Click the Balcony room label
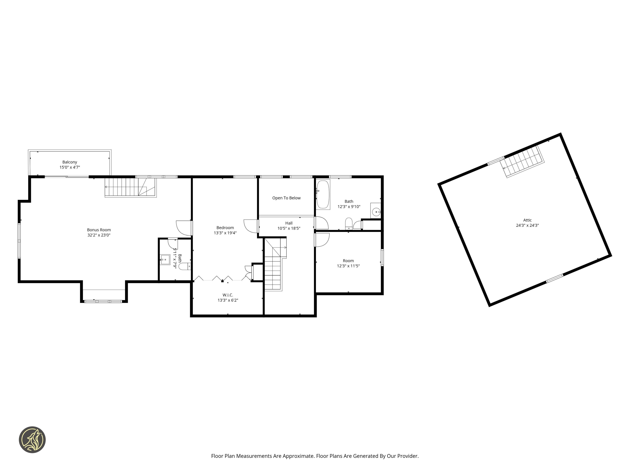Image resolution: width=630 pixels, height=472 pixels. click(70, 162)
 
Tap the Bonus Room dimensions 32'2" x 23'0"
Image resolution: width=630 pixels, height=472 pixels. click(99, 235)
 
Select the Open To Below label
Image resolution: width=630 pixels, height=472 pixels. click(286, 198)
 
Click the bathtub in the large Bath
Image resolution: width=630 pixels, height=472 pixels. click(323, 195)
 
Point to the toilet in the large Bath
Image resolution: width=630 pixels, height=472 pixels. click(349, 224)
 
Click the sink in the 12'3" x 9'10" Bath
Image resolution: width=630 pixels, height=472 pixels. click(376, 211)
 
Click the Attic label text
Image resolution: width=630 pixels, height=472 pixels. click(527, 220)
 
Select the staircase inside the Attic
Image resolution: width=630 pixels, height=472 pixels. click(523, 162)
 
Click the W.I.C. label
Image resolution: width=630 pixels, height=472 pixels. click(228, 295)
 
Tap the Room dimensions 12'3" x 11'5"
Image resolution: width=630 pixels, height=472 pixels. click(348, 266)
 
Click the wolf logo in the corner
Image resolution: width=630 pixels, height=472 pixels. click(32, 440)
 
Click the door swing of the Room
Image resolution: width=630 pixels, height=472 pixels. click(322, 240)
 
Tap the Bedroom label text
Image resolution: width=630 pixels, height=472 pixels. click(225, 228)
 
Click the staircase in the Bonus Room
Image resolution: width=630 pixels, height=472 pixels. click(131, 187)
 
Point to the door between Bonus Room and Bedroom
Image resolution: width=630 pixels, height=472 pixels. click(184, 228)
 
